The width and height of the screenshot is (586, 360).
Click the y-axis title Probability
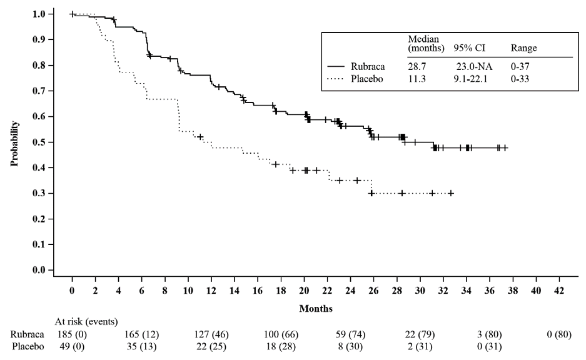pos(13,143)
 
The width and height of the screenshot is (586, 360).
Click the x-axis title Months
pos(315,308)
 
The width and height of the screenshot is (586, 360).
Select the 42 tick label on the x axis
pos(558,291)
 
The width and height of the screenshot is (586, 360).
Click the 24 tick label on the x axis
pos(350,291)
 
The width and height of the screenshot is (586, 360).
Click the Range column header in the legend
pos(524,47)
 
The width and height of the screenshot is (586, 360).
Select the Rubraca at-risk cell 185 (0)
pos(72,334)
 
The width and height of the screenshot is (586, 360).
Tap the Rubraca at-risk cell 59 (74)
pos(350,334)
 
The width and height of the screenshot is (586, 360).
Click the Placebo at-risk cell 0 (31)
pos(488,345)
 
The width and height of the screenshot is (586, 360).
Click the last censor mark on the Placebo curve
pos(451,193)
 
